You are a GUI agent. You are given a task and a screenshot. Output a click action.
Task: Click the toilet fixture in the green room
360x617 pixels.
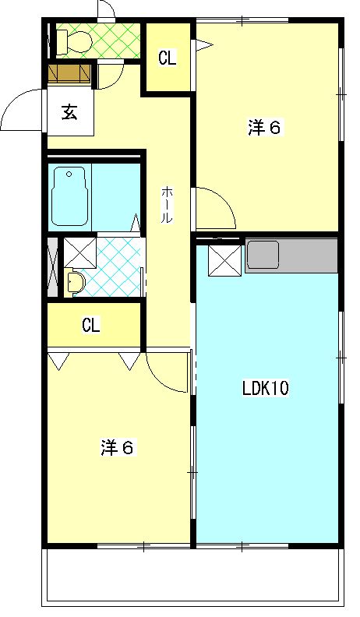coord(73,41)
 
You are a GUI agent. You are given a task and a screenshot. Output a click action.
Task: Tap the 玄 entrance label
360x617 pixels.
coord(69,113)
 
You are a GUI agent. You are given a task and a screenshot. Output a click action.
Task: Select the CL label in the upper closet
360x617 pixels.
coord(168,58)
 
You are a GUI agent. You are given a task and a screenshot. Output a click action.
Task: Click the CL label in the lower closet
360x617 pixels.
coord(91,326)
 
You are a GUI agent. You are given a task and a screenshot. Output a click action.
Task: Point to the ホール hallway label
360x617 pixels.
coord(167,205)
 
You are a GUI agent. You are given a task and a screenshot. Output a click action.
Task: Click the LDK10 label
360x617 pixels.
coord(266,389)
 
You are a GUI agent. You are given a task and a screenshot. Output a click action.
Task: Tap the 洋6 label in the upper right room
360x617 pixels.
coord(264,128)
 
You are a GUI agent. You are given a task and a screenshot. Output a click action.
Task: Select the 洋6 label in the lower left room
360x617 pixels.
coord(117,448)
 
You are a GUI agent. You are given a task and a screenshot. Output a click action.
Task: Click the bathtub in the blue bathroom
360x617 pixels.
coord(69,196)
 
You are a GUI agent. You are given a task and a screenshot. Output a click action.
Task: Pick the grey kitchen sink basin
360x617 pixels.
coord(263,256)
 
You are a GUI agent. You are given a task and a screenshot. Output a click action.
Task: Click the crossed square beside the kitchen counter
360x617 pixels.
coord(225,260)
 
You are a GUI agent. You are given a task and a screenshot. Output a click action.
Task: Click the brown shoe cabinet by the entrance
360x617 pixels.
coord(69,72)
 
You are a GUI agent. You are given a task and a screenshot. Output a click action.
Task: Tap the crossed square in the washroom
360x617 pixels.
coord(80,252)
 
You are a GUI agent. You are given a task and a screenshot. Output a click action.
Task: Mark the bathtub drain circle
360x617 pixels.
coord(69,174)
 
